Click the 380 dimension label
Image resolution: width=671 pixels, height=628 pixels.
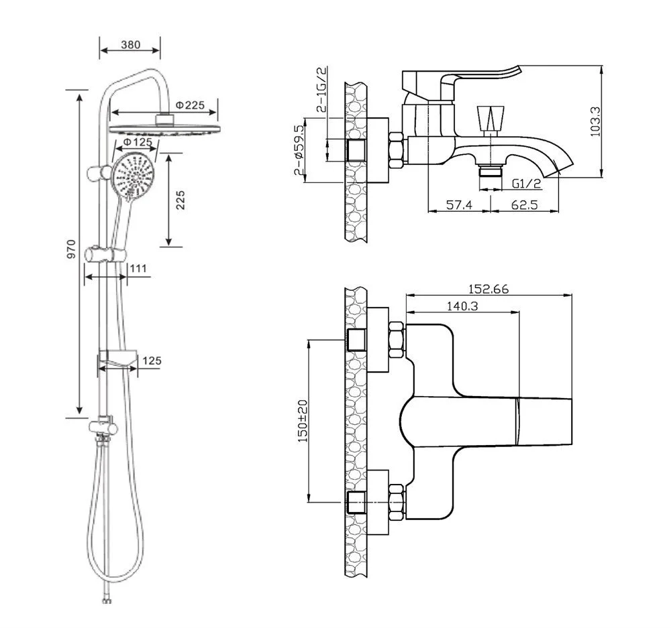pos(131,44)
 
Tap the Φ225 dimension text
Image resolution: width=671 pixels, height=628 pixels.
pos(190,105)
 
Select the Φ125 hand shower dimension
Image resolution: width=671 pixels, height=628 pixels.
pos(138,141)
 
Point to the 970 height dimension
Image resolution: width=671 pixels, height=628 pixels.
pos(72,249)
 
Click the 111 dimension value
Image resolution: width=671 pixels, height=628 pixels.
pos(138,268)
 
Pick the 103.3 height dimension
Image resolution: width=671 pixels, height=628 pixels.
pos(596,121)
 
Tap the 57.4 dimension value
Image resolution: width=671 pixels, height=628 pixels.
pos(459,205)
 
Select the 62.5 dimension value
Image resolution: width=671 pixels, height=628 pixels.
pos(524,205)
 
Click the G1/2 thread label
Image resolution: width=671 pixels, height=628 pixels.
pos(527,184)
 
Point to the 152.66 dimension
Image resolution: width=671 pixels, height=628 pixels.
pos(488,290)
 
